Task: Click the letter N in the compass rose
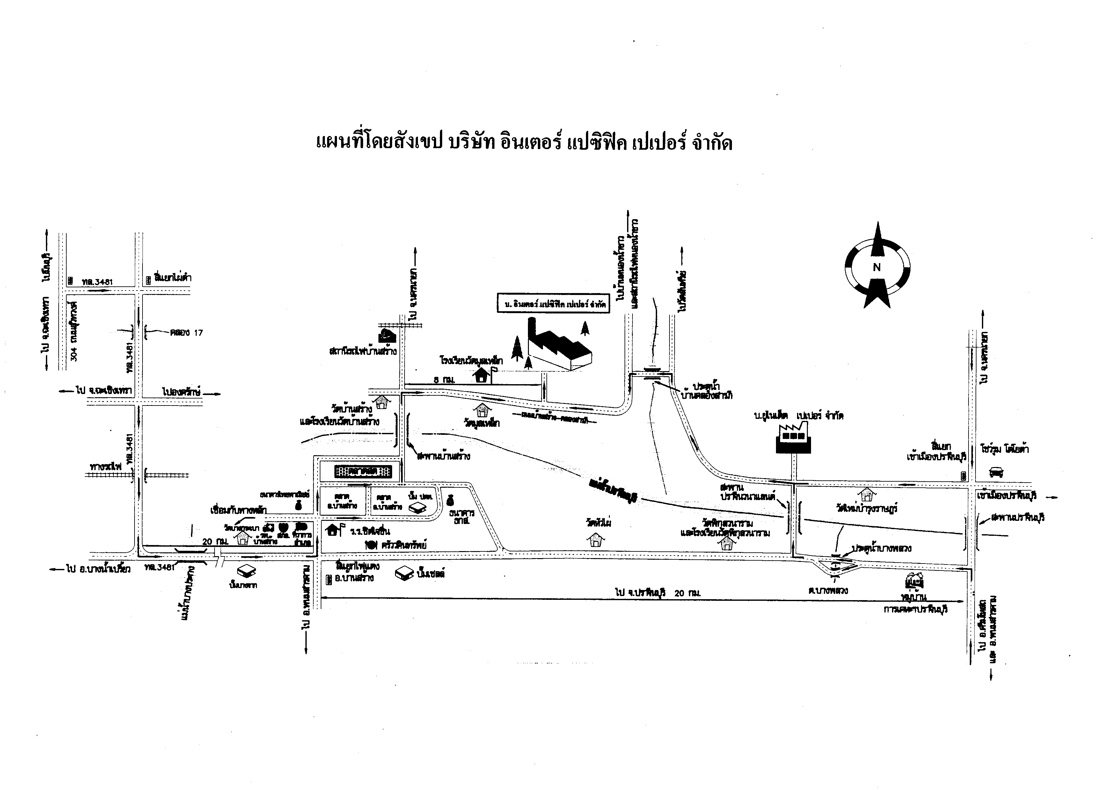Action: click(x=877, y=267)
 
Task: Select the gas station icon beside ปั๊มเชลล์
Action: click(x=404, y=573)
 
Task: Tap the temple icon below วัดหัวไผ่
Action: click(x=595, y=540)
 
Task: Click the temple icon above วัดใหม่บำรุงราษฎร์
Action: click(x=867, y=494)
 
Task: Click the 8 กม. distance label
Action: click(x=443, y=379)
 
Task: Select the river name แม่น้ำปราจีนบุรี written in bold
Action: click(x=615, y=491)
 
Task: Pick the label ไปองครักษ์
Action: click(x=182, y=391)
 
